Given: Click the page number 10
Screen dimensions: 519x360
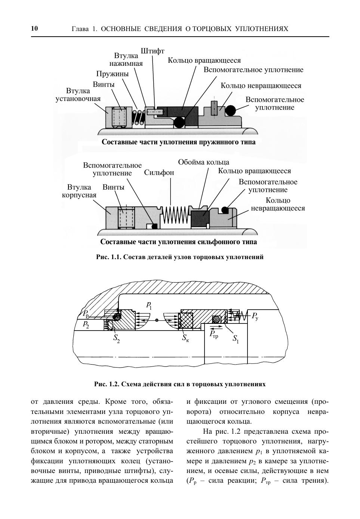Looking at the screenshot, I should tap(34, 28).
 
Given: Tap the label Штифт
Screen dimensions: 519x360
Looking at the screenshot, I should tap(153, 51).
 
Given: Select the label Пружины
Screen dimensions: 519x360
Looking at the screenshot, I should tap(112, 74).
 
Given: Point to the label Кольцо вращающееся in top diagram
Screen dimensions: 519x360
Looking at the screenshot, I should tap(204, 60).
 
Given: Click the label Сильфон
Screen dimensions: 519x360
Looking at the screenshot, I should tap(159, 173).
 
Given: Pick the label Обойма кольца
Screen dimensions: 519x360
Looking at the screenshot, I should tap(203, 162).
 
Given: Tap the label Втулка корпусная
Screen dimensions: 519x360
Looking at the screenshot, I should tap(79, 191).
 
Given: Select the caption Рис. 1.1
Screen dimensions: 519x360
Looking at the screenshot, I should tap(180, 257).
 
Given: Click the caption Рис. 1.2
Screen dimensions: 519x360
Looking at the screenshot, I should tap(180, 384).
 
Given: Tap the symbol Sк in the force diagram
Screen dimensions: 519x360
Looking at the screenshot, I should tap(185, 338).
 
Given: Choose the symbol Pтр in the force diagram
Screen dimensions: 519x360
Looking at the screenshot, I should tap(213, 334).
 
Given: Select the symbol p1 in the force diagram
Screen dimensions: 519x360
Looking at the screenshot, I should tap(149, 305).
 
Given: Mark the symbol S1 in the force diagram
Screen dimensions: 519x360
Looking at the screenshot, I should tap(236, 339).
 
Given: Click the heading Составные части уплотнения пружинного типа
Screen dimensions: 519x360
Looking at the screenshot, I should tap(179, 142).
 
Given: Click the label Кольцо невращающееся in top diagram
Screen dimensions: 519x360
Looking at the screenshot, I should tap(261, 86).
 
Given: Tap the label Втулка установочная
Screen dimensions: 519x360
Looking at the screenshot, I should tap(78, 95).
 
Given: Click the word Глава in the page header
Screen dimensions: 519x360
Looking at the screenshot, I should tap(79, 29).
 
